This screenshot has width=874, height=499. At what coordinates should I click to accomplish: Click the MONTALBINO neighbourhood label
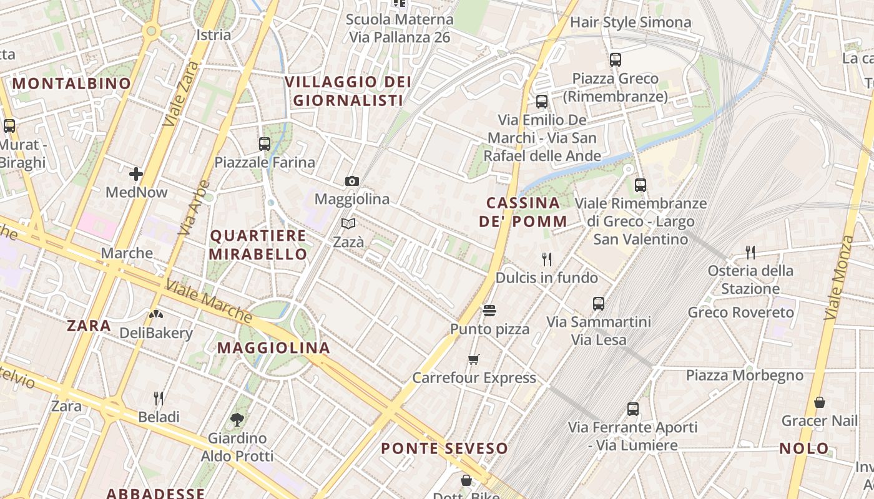(x=72, y=83)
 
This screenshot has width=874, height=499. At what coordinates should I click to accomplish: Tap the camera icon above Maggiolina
(x=352, y=182)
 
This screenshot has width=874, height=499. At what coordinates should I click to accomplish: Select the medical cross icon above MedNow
(x=136, y=174)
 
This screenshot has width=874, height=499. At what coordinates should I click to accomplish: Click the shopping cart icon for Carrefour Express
(x=474, y=359)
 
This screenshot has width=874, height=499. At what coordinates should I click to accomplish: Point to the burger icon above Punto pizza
(x=489, y=310)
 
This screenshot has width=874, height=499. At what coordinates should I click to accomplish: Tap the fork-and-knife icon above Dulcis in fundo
(x=547, y=259)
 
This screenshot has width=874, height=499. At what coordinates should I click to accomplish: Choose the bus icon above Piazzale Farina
(x=265, y=144)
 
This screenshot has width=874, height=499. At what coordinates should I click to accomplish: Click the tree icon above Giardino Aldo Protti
(x=237, y=420)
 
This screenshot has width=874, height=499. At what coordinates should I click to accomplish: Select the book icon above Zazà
(x=348, y=223)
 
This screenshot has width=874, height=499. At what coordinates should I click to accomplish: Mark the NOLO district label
(x=804, y=448)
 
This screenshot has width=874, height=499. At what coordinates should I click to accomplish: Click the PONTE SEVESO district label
(x=444, y=448)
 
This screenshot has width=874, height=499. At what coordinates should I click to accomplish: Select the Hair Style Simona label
(x=631, y=22)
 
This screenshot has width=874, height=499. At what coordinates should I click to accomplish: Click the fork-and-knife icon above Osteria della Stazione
(x=750, y=252)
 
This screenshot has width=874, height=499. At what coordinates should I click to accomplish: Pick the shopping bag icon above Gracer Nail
(x=820, y=402)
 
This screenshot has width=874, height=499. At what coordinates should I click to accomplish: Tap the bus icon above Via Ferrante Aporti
(x=633, y=409)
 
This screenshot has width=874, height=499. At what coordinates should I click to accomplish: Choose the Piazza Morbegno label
(x=745, y=375)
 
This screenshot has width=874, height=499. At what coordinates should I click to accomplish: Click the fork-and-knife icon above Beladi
(x=159, y=398)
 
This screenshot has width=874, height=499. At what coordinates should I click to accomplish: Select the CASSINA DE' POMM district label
(x=523, y=212)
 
